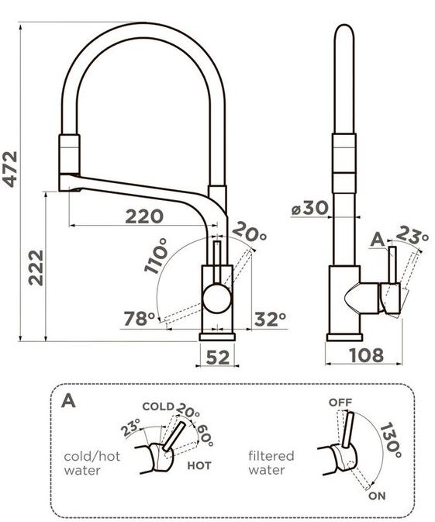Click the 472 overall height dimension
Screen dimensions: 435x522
(9, 169)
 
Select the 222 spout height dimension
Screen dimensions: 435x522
(36, 268)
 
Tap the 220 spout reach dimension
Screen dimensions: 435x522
(144, 216)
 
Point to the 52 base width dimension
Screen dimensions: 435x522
(218, 358)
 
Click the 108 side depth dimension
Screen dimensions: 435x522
(367, 355)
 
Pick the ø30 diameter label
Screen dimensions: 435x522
(310, 208)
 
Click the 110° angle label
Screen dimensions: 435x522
(157, 256)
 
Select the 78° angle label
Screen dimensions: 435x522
(140, 319)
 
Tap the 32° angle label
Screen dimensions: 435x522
(271, 320)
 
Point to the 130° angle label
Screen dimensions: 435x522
(390, 440)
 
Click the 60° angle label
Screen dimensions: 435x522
(205, 435)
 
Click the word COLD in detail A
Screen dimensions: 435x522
(158, 406)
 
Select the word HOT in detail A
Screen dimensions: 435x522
(199, 465)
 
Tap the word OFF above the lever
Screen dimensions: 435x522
(340, 403)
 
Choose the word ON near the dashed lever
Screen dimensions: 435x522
(377, 496)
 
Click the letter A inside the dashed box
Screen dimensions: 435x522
(68, 400)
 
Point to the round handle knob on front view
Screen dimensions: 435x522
(217, 299)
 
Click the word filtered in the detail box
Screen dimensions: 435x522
(271, 455)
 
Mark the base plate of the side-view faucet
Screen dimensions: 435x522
(344, 337)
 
